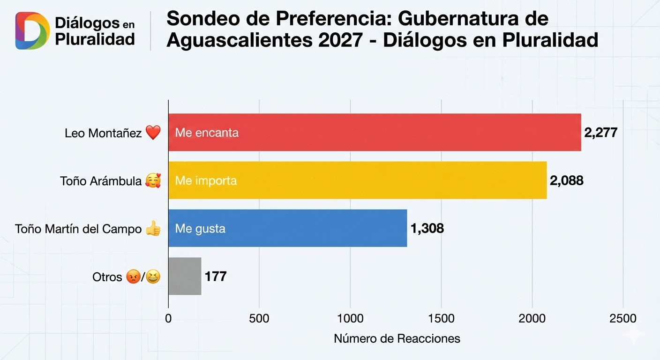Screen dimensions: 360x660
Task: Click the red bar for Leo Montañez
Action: (x=375, y=132)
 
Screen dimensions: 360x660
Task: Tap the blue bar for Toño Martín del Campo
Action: (x=288, y=228)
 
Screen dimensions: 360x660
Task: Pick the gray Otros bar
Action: (x=185, y=276)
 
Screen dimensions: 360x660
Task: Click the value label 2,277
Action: (x=600, y=132)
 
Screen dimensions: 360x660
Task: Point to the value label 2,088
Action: (x=566, y=180)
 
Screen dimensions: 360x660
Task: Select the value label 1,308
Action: (x=427, y=228)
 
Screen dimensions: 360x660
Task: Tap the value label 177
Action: (x=216, y=276)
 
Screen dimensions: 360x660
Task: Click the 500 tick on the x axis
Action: (x=259, y=319)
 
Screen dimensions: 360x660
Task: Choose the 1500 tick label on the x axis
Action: (x=441, y=319)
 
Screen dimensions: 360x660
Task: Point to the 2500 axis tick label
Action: (x=623, y=319)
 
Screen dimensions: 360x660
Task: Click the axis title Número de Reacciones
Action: (x=397, y=338)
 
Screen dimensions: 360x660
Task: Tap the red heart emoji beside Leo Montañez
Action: (x=153, y=133)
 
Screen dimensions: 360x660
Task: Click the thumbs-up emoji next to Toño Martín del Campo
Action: (x=153, y=229)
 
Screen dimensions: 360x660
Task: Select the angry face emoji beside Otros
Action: (x=133, y=277)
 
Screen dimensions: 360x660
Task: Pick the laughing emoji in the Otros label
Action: (x=153, y=277)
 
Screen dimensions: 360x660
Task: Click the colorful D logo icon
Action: (x=32, y=31)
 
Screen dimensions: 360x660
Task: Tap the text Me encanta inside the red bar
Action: (x=207, y=133)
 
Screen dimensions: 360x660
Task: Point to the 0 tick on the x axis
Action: (x=168, y=319)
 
